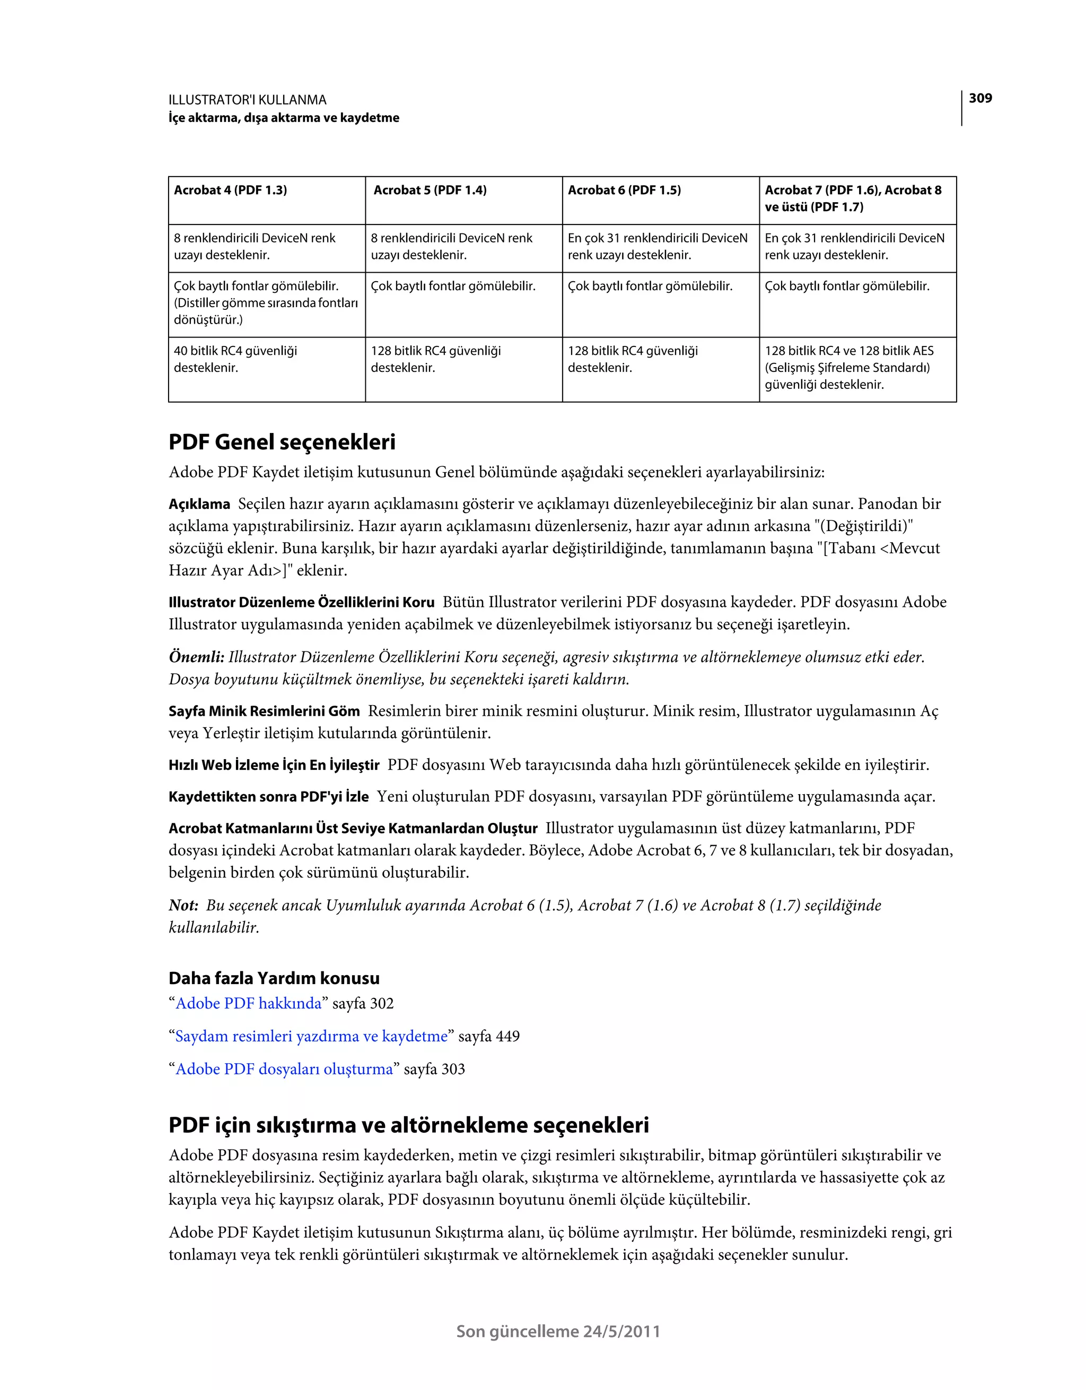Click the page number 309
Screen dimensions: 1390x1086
[980, 98]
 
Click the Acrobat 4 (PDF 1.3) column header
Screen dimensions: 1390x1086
[230, 190]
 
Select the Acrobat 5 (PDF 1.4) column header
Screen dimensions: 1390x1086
[430, 190]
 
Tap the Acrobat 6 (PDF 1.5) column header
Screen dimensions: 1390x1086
[624, 190]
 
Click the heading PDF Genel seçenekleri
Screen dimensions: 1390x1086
[282, 442]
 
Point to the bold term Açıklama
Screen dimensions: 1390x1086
[199, 505]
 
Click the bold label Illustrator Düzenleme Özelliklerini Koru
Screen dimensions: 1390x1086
[302, 603]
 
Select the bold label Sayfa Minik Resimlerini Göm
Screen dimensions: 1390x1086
[264, 711]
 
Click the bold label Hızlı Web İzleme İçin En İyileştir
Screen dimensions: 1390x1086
[274, 766]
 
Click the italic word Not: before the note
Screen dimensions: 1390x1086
[183, 906]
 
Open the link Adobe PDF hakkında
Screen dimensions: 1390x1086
[249, 1004]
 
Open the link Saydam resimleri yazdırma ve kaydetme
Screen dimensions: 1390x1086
[312, 1037]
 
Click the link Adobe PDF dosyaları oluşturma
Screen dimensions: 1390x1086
[284, 1069]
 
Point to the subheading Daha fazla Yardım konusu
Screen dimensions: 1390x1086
[274, 978]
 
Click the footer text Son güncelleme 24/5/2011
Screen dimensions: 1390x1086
[558, 1332]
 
